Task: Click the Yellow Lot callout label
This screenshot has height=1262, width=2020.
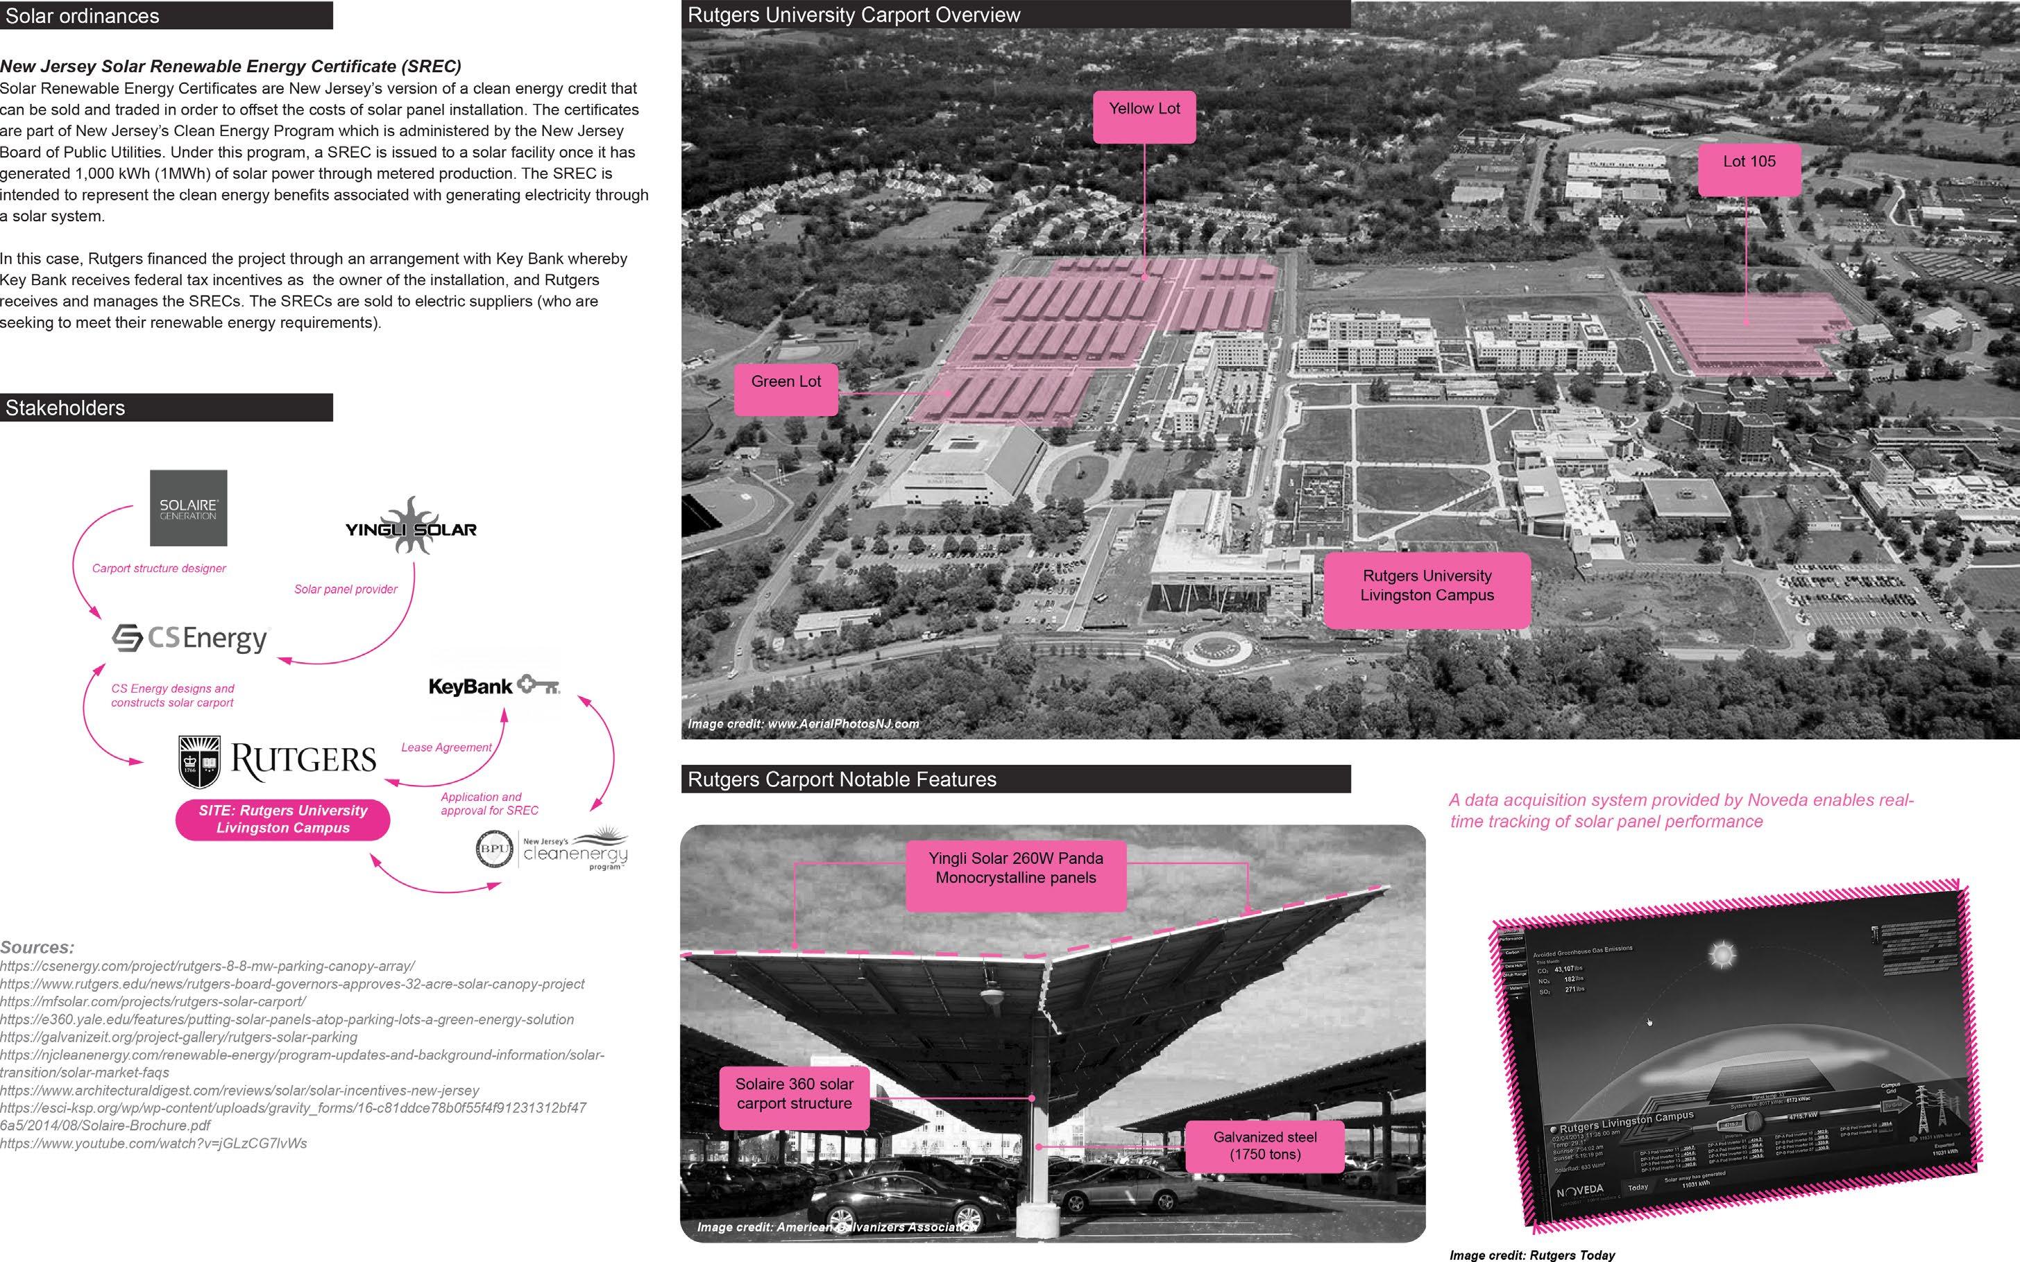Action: pos(1144,117)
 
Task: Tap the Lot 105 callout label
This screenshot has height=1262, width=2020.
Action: pos(1749,169)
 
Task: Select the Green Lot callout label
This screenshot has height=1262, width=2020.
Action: pos(786,390)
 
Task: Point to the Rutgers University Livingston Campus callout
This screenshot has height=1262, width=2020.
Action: pos(1426,589)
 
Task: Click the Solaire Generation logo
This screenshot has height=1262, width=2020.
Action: pos(188,508)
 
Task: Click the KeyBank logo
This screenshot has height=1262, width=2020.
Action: pos(493,686)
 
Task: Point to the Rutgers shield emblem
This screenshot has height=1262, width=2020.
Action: pos(200,761)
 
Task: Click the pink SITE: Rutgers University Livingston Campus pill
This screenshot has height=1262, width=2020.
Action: pos(282,819)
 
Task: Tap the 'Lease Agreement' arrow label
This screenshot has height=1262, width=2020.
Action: pos(446,747)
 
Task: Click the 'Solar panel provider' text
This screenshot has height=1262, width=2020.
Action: pos(346,589)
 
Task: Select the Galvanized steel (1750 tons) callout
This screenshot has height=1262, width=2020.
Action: pos(1264,1146)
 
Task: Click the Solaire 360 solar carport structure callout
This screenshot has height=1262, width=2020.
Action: pos(793,1094)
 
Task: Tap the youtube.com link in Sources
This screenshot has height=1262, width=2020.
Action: pos(153,1143)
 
